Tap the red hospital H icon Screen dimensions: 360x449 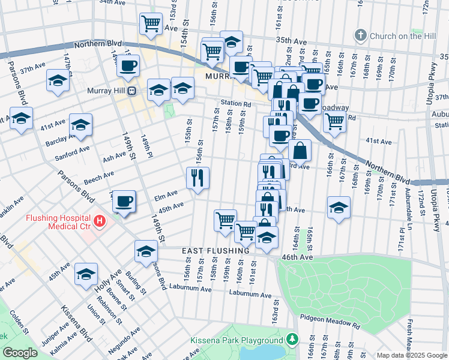(x=100, y=221)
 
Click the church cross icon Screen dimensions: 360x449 (x=361, y=35)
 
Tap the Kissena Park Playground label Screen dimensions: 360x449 (x=237, y=340)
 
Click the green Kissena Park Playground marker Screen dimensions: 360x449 (x=292, y=340)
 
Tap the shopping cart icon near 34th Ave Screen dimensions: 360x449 (x=151, y=24)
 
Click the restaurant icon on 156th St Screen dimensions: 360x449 (x=198, y=178)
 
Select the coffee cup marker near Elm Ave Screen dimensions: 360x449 (x=124, y=201)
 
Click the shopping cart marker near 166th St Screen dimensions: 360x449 (x=334, y=121)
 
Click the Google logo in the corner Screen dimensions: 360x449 (x=20, y=353)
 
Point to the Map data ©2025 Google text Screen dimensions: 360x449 (x=412, y=355)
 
